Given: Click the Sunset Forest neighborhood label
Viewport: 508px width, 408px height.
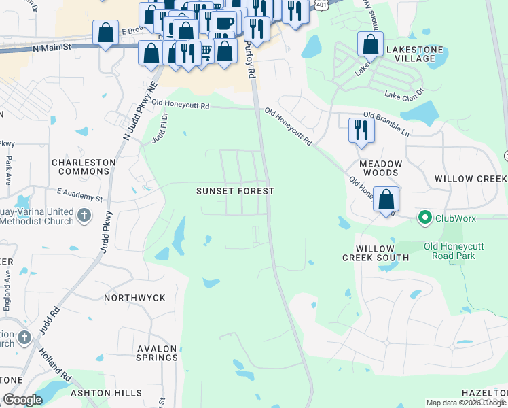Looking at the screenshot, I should click(235, 191).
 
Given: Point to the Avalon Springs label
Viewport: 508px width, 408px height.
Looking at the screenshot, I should click(157, 353).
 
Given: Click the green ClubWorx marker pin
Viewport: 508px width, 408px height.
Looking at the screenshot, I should click(425, 218).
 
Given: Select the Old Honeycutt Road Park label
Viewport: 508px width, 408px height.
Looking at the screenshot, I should click(458, 250).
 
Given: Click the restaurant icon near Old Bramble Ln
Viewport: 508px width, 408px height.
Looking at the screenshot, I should click(361, 130).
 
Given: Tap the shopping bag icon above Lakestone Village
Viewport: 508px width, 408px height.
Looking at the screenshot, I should click(370, 44).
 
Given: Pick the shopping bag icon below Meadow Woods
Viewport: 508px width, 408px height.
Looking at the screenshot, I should click(386, 200).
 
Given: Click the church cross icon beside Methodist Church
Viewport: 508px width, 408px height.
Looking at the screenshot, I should click(84, 216).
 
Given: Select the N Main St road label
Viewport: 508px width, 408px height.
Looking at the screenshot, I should click(51, 48).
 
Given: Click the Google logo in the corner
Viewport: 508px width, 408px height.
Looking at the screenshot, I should click(23, 400).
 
